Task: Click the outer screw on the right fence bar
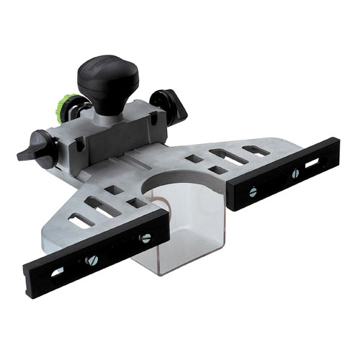click(294, 174)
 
